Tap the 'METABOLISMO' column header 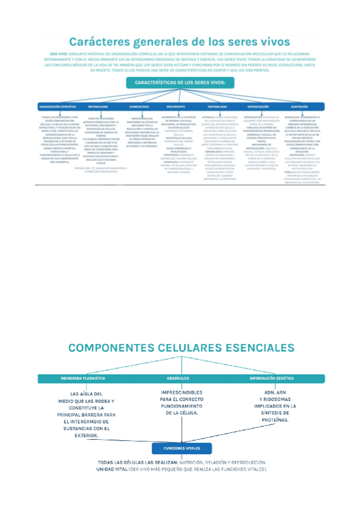click(99, 106)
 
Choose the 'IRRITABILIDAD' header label click(219, 106)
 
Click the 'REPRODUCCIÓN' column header click(258, 106)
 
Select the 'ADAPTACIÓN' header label click(299, 106)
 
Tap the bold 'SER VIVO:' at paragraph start click(58, 54)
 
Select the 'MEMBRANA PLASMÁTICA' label click(83, 379)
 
